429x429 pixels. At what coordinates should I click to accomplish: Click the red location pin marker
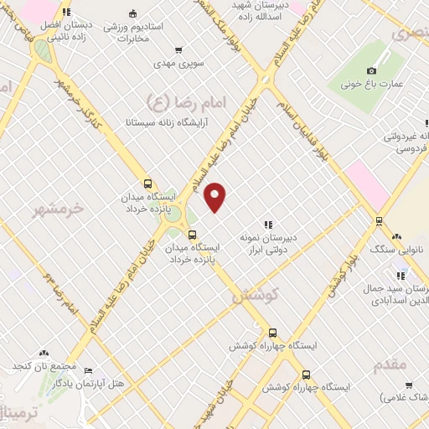click(215, 197)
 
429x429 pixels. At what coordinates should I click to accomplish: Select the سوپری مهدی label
click(174, 63)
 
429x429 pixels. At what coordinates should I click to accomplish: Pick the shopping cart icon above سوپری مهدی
click(178, 49)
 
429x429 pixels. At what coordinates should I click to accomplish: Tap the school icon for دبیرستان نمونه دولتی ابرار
click(268, 225)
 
